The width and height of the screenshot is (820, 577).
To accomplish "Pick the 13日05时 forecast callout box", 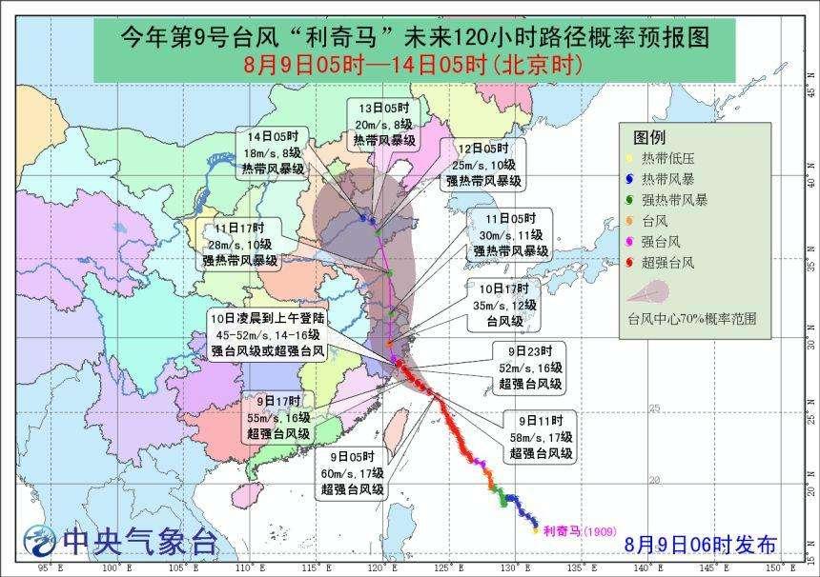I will (383, 124).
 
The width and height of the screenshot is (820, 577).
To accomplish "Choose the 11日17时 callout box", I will (238, 244).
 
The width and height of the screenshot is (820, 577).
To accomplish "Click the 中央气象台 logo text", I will (138, 542).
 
